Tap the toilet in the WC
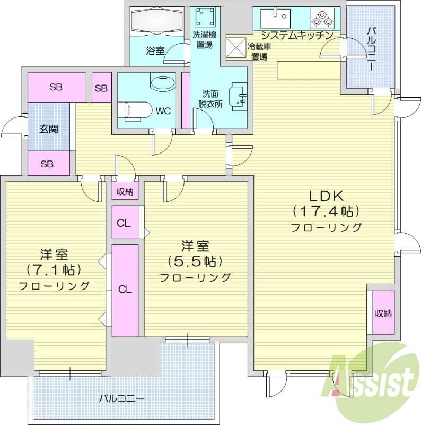[136, 110]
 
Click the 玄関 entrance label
[48, 129]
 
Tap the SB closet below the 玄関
[47, 164]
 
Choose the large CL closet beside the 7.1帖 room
[125, 290]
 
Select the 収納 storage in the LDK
[383, 313]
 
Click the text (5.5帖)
[195, 261]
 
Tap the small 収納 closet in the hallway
[125, 192]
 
